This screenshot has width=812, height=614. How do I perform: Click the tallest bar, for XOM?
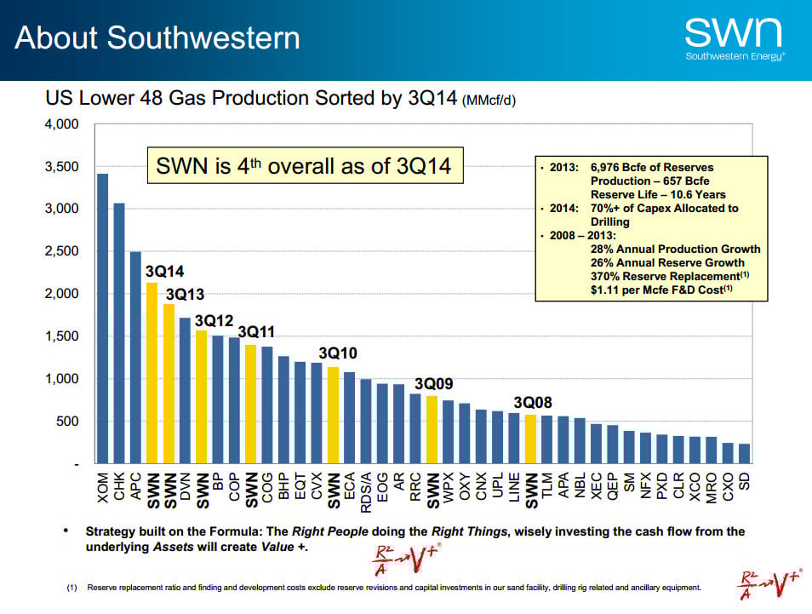103,318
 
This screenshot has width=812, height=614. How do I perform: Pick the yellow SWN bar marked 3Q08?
530,439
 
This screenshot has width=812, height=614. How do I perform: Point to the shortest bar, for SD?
744,453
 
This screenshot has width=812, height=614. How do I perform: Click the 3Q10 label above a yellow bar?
338,353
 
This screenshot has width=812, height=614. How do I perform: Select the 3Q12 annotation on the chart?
214,320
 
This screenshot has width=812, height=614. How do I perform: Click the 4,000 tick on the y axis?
62,124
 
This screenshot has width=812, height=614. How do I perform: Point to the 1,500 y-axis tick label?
62,336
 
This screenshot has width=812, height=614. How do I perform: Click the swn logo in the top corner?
734,38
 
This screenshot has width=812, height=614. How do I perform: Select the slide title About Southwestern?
157,38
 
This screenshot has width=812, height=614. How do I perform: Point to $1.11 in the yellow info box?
606,290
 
